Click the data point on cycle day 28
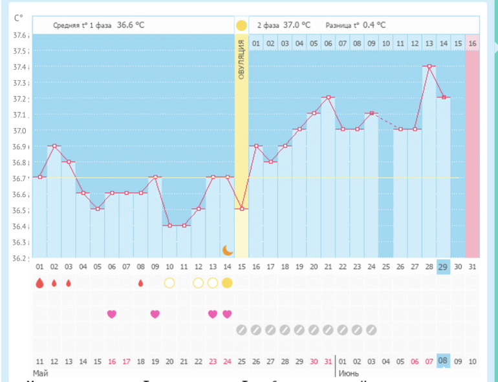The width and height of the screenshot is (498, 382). (x=429, y=66)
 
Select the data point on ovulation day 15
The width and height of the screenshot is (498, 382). (x=241, y=208)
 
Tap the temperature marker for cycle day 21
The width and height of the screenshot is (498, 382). (x=328, y=97)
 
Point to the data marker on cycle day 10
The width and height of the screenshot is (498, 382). (x=169, y=225)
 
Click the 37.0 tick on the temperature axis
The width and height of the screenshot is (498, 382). (x=21, y=131)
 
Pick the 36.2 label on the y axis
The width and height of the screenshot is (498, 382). (x=21, y=259)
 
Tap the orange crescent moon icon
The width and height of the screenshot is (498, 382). (x=227, y=249)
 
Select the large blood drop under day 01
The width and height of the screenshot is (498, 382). (x=39, y=282)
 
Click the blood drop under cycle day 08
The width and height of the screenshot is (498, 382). (x=140, y=282)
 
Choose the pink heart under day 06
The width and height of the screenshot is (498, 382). (x=111, y=314)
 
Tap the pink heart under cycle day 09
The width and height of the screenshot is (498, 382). (x=155, y=314)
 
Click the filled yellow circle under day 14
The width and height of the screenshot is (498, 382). (x=227, y=282)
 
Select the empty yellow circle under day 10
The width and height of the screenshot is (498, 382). (x=169, y=282)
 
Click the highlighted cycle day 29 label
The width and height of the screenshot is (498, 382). (x=443, y=267)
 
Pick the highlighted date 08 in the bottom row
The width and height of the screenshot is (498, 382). (x=443, y=361)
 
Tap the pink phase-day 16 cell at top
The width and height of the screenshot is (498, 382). (x=472, y=43)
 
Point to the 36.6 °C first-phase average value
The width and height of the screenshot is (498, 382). (x=131, y=25)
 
